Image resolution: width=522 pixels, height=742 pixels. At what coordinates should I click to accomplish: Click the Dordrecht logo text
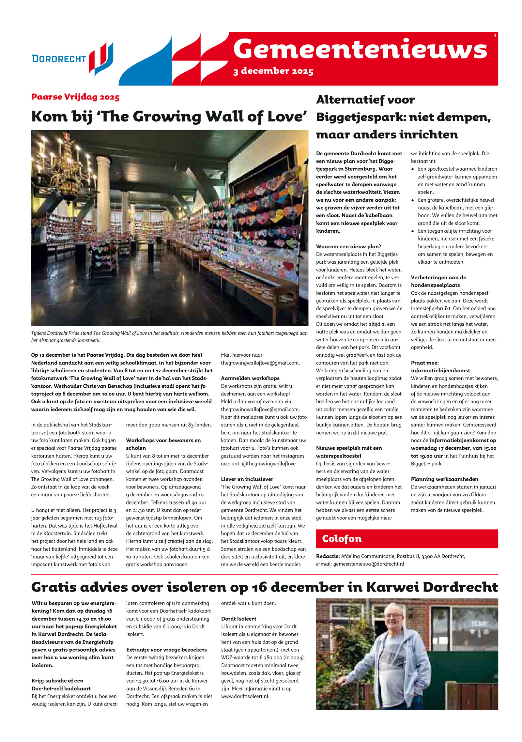point(59,59)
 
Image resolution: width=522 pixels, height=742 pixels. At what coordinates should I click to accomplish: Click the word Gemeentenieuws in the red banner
point(360,49)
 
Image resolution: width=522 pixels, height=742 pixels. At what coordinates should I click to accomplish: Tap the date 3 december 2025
point(273,71)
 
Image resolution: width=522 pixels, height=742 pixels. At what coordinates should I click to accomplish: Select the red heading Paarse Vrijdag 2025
point(75,97)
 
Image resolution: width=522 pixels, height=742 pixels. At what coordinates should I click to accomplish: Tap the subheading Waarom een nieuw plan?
point(348,246)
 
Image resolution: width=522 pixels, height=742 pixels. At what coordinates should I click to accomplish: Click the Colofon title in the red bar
point(342,538)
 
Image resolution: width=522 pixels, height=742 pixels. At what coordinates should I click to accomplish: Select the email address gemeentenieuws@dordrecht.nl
point(368,564)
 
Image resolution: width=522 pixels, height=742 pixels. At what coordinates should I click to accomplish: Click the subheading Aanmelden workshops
point(250,378)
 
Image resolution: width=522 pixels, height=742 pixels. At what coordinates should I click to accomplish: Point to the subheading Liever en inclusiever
point(247,479)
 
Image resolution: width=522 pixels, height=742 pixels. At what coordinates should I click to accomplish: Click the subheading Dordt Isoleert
point(238,619)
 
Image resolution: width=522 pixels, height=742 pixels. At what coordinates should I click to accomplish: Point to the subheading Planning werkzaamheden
point(444,479)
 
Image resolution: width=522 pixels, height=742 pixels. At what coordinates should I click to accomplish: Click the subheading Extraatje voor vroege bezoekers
point(166,650)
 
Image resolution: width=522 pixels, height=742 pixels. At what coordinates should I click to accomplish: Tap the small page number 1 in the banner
point(495,36)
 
